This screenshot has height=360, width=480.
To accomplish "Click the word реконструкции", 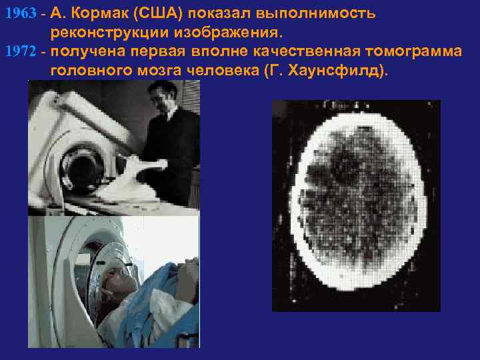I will (109, 32).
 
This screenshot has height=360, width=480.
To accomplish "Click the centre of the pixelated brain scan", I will (357, 203).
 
